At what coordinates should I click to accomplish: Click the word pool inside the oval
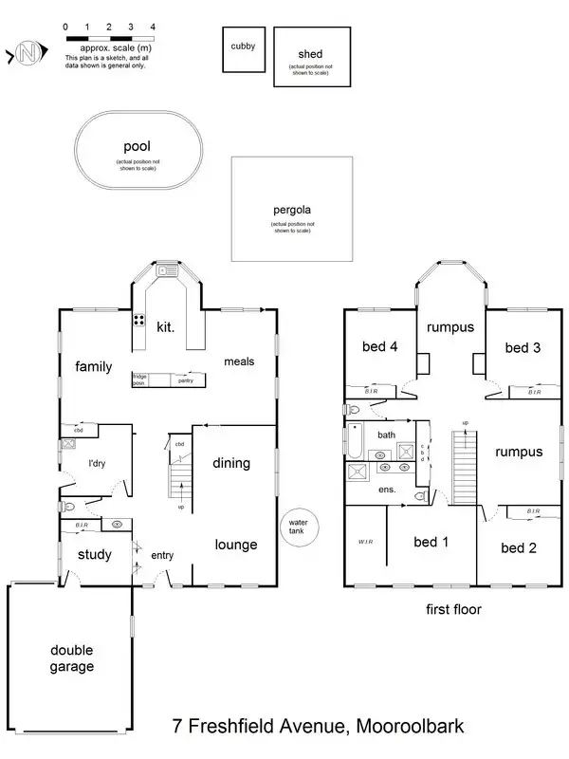click(x=138, y=147)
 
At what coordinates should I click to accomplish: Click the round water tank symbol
click(x=300, y=526)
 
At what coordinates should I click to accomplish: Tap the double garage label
click(x=72, y=658)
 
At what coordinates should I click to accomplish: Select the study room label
click(x=94, y=555)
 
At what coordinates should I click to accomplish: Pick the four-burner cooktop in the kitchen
click(x=138, y=320)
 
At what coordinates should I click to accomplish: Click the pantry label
click(x=186, y=380)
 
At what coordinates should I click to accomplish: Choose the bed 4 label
click(x=380, y=347)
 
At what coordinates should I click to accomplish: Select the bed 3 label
click(x=523, y=347)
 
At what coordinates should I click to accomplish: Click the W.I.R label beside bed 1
click(x=365, y=543)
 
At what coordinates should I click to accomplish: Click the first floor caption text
click(x=453, y=610)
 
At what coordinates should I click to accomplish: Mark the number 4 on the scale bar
click(x=154, y=28)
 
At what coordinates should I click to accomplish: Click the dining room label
click(x=231, y=463)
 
